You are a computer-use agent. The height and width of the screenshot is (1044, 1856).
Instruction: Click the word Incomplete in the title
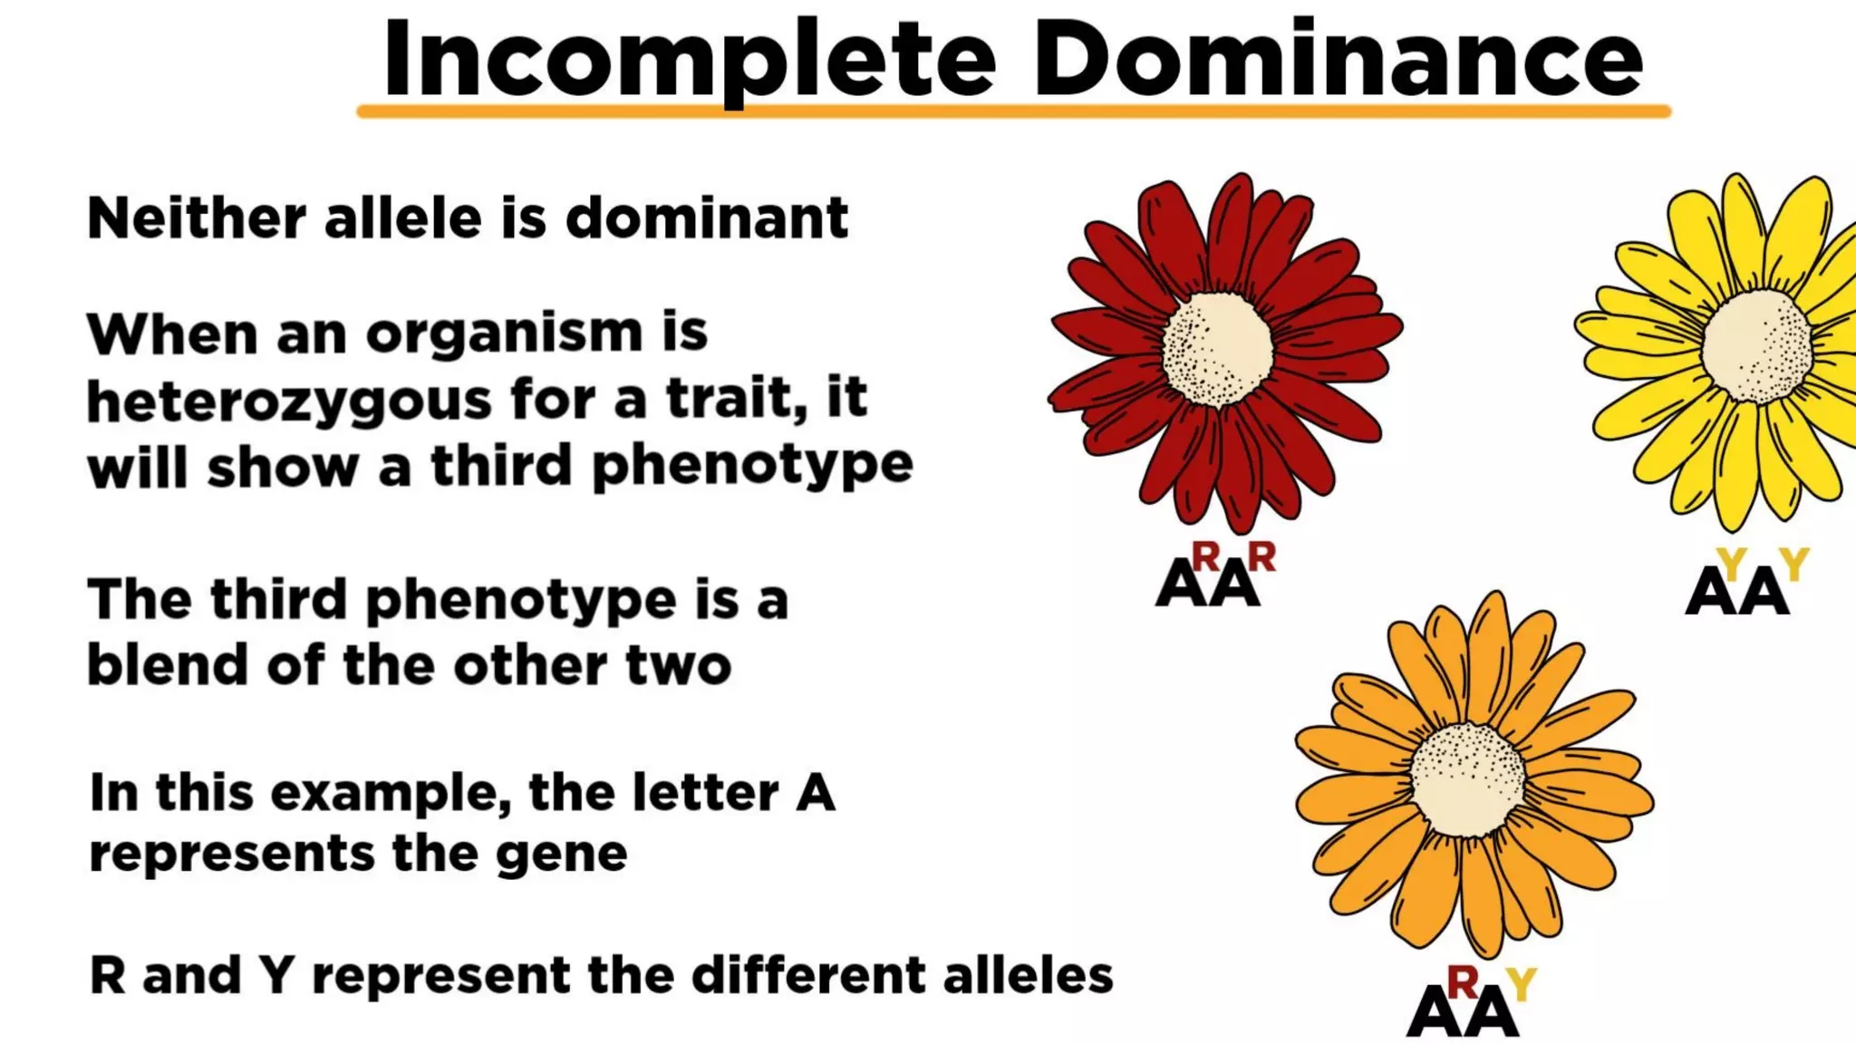point(689,59)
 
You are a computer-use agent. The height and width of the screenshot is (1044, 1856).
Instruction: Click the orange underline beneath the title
point(1013,111)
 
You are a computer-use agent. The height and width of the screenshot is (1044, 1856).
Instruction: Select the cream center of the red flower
point(1217,350)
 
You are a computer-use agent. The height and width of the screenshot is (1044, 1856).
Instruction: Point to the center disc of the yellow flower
point(1756,346)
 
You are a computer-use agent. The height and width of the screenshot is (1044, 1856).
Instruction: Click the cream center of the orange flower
point(1467,779)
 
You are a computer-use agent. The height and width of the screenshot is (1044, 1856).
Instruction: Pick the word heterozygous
point(288,401)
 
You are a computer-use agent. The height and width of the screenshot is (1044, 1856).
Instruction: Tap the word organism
point(504,333)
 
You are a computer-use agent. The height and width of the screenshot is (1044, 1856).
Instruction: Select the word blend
point(168,665)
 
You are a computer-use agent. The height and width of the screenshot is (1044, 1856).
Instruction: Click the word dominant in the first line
point(707,218)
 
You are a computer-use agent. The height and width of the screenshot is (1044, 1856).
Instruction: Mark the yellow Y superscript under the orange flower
point(1522,984)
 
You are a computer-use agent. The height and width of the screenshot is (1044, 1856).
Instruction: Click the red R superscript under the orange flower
point(1463,981)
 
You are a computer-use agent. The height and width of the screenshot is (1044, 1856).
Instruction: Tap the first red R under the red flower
point(1205,556)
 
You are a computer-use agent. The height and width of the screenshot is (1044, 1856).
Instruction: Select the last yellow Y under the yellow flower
point(1793,564)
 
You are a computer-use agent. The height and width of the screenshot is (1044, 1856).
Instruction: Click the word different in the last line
point(809,976)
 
